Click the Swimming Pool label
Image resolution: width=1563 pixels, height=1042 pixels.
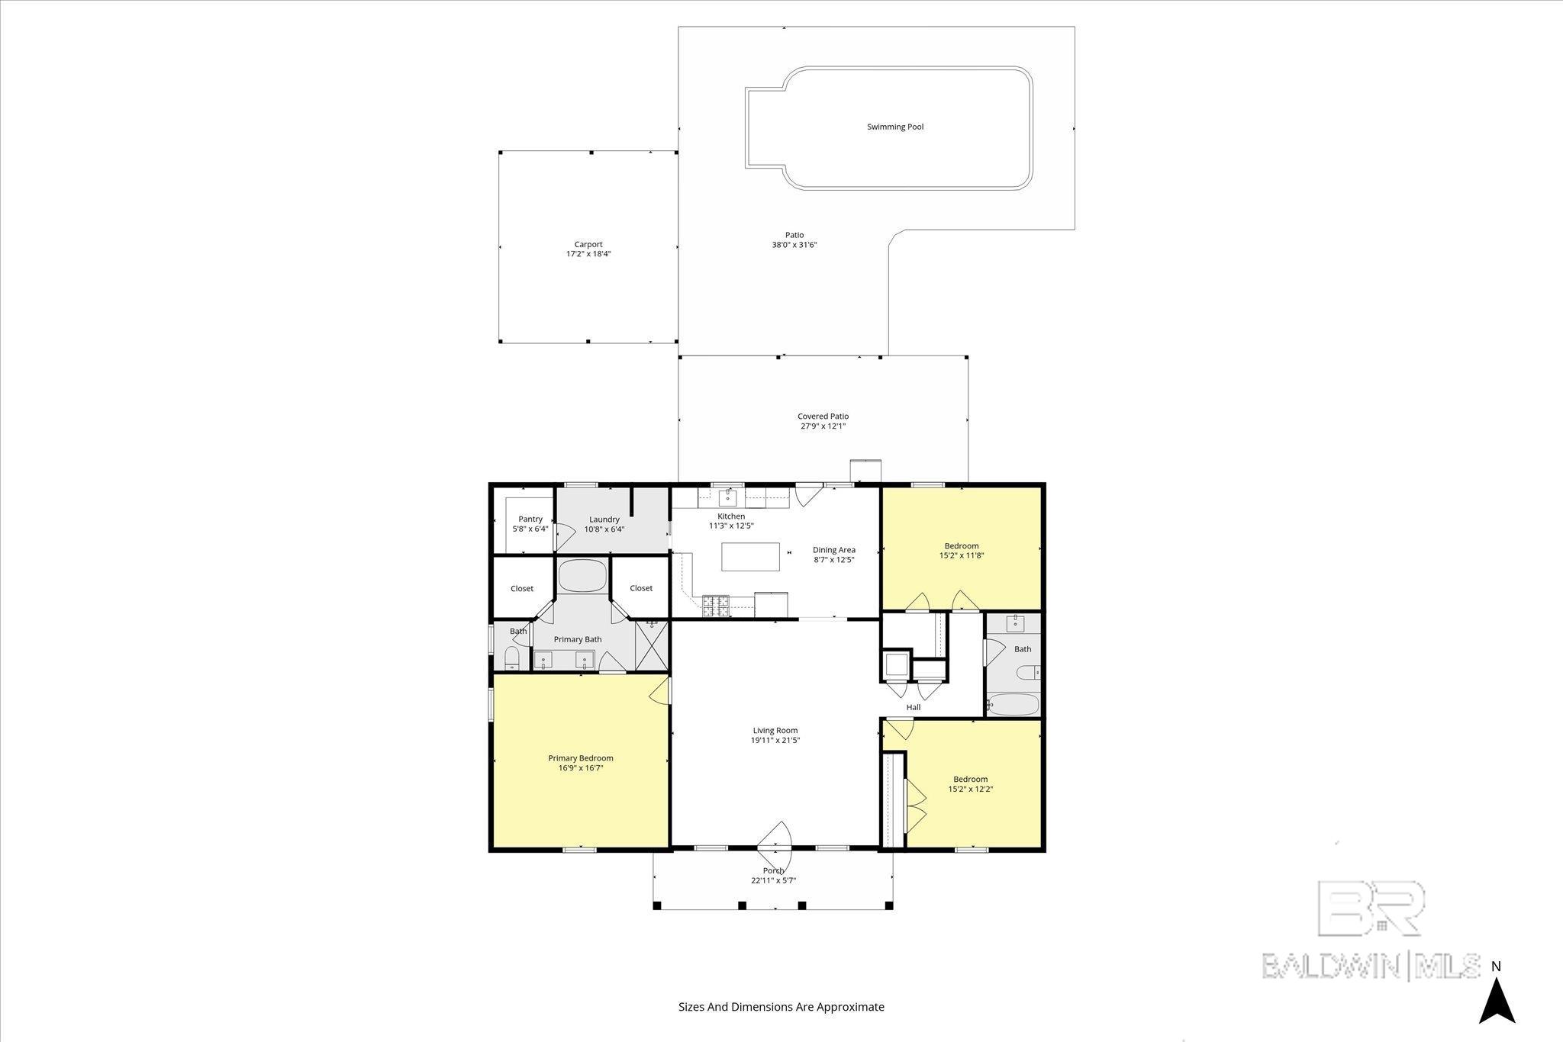click(895, 127)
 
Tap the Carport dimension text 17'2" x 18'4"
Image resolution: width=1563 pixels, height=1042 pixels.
click(588, 254)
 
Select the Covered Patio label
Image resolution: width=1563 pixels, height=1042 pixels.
click(823, 416)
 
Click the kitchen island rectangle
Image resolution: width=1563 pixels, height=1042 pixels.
click(751, 557)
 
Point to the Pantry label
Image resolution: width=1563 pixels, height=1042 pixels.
click(530, 519)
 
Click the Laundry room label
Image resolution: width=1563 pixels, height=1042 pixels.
click(604, 519)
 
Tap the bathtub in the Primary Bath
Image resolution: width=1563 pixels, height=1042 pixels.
click(582, 576)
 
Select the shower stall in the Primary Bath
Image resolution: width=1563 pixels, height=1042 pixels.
click(652, 645)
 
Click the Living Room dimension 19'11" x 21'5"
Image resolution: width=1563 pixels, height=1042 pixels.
click(776, 740)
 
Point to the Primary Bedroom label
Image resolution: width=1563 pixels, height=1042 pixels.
click(581, 758)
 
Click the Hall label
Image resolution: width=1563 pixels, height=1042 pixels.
click(914, 707)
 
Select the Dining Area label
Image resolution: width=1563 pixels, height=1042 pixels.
click(834, 550)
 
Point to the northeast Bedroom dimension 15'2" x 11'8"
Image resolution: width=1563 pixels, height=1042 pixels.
click(962, 556)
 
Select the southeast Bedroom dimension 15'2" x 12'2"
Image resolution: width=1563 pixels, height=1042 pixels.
click(971, 790)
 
